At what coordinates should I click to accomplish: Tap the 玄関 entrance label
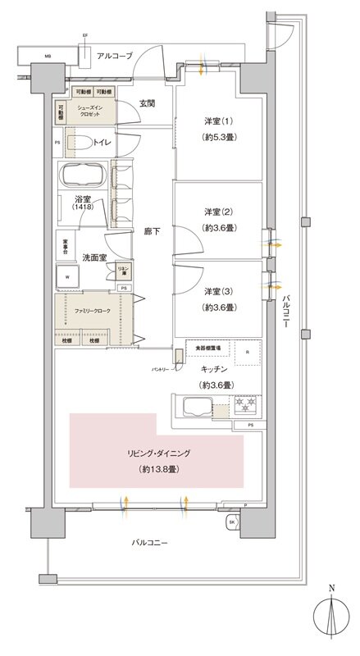point(148,103)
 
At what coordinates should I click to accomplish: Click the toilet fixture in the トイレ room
point(83,143)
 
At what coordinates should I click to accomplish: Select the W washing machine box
point(68,277)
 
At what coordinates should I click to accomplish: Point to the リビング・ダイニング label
point(160,453)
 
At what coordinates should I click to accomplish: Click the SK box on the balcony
point(232,522)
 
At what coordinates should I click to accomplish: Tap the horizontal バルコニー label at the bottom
point(153,543)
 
